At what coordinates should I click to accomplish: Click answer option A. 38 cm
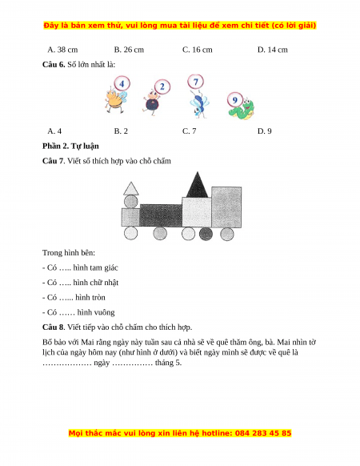click(x=62, y=50)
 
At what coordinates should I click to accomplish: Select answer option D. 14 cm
click(x=272, y=50)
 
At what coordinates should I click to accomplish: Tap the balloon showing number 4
click(x=122, y=84)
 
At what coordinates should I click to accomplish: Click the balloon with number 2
click(x=162, y=86)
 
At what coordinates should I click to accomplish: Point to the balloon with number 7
click(x=195, y=82)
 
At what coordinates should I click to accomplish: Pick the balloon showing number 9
click(x=235, y=100)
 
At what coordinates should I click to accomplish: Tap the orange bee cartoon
click(x=115, y=101)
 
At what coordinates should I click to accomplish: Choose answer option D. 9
click(x=264, y=131)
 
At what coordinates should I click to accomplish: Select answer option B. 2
click(x=121, y=131)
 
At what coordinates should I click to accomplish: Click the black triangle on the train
click(x=198, y=185)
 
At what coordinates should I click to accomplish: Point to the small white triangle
click(x=130, y=189)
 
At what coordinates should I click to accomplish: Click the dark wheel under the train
click(x=206, y=234)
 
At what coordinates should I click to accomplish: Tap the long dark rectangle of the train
click(x=161, y=215)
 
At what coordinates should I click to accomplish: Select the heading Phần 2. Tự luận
click(x=70, y=147)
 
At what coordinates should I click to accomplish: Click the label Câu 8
click(x=53, y=327)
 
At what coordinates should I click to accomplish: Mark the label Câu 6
click(x=54, y=65)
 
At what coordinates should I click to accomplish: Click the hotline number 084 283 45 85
click(x=263, y=433)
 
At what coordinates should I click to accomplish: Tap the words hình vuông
click(x=96, y=312)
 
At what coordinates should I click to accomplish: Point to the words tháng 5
click(x=168, y=363)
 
